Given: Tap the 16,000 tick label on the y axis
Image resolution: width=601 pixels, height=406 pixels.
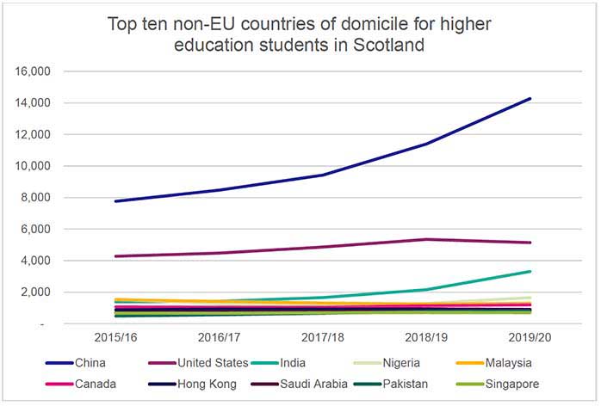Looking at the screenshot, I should point(36,71).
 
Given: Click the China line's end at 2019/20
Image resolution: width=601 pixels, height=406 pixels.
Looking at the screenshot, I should point(530,99).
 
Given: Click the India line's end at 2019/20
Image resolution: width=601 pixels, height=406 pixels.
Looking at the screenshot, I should point(530,272).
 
